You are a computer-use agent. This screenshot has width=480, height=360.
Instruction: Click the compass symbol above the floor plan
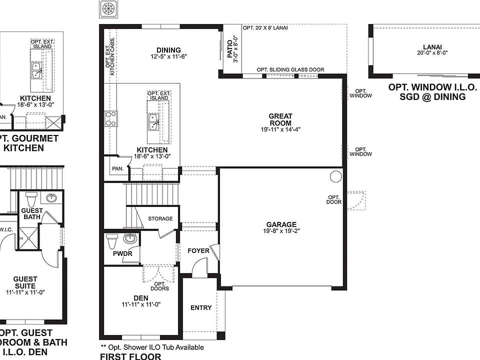[107, 9]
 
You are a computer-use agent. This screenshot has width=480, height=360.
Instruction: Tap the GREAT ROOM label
[280, 119]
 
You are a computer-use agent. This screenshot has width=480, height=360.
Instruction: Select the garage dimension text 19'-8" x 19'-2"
[281, 231]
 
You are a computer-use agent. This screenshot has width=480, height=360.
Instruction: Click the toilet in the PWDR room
[112, 240]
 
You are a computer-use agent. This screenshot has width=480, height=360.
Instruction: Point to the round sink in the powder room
[130, 238]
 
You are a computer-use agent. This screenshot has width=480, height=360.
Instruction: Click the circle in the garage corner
[335, 176]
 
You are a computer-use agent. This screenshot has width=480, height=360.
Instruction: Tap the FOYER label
[198, 250]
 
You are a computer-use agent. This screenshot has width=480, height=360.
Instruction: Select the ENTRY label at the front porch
[201, 308]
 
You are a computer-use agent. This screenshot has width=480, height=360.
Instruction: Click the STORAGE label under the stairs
[160, 218]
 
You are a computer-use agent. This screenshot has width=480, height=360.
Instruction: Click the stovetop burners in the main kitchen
[111, 119]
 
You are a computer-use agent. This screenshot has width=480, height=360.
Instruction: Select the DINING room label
[168, 50]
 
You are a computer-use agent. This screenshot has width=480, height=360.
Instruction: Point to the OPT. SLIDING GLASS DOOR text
[290, 69]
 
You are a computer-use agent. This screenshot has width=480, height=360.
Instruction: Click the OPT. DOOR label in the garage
[334, 199]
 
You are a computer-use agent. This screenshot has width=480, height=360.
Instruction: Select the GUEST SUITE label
[25, 282]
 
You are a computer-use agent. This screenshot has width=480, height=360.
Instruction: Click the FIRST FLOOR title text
[130, 356]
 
